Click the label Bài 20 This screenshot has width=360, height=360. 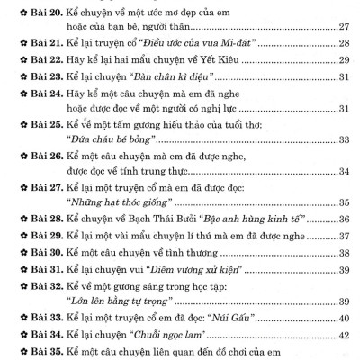tap(40, 9)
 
